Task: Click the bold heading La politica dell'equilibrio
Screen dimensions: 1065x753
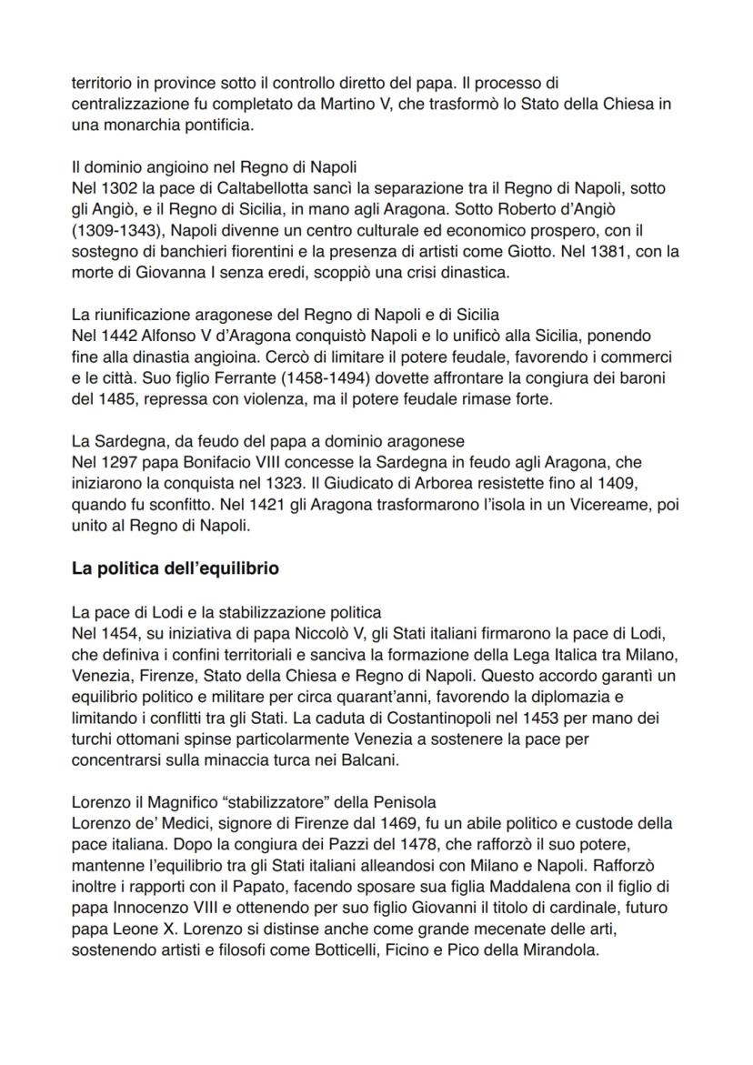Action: pyautogui.click(x=176, y=568)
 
